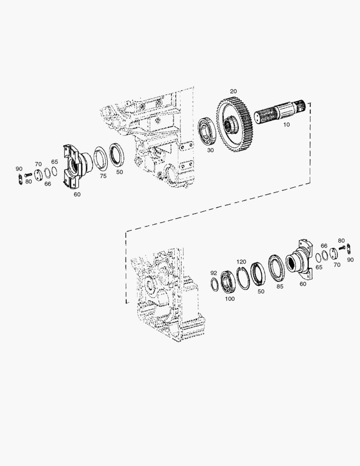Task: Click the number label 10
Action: (x=286, y=124)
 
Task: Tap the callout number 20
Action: (x=233, y=91)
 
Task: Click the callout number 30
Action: (x=210, y=150)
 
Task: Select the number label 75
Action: (x=103, y=176)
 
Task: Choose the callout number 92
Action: (x=213, y=273)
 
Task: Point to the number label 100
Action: (x=230, y=299)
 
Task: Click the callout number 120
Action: (x=241, y=262)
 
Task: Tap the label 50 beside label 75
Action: (x=119, y=172)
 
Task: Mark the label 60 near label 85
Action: (x=303, y=284)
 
